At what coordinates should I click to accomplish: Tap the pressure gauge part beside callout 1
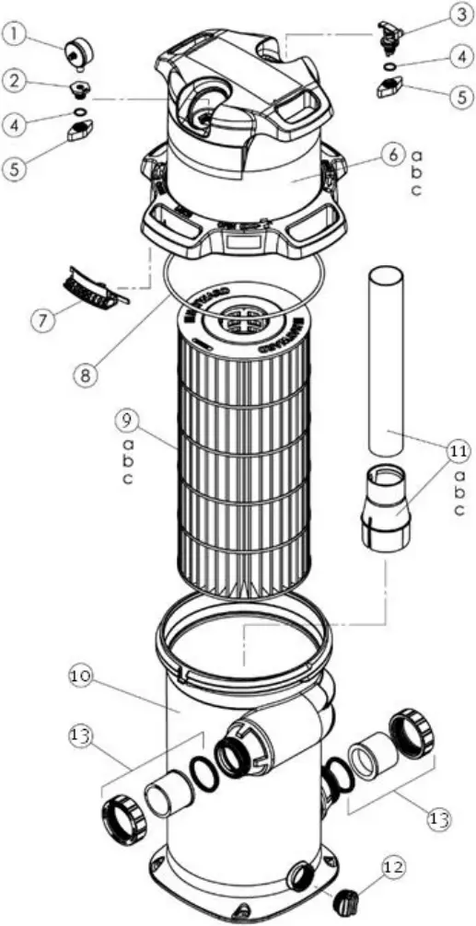tap(74, 52)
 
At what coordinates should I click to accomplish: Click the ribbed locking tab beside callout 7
tap(95, 288)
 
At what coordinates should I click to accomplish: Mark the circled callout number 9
tap(128, 420)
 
